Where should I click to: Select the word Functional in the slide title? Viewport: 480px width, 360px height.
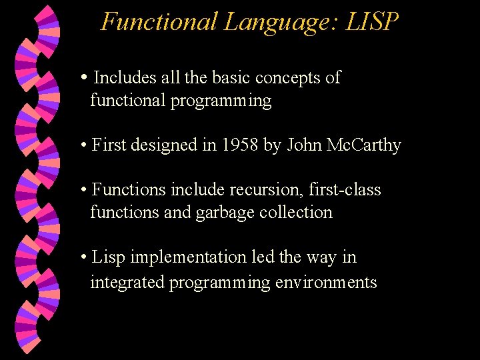(x=159, y=22)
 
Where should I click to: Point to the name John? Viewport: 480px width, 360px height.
(x=305, y=145)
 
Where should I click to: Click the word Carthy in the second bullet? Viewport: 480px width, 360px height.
(x=376, y=145)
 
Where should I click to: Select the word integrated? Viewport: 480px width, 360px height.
(x=127, y=283)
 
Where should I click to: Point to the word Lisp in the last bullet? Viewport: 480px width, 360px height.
(x=109, y=257)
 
